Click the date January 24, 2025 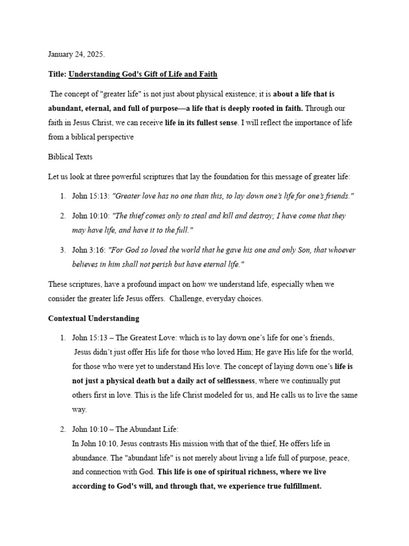click(x=76, y=54)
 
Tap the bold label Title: click(x=57, y=74)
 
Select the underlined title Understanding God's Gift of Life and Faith click(x=143, y=74)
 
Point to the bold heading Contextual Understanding click(x=94, y=318)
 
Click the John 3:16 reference click(x=88, y=250)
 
